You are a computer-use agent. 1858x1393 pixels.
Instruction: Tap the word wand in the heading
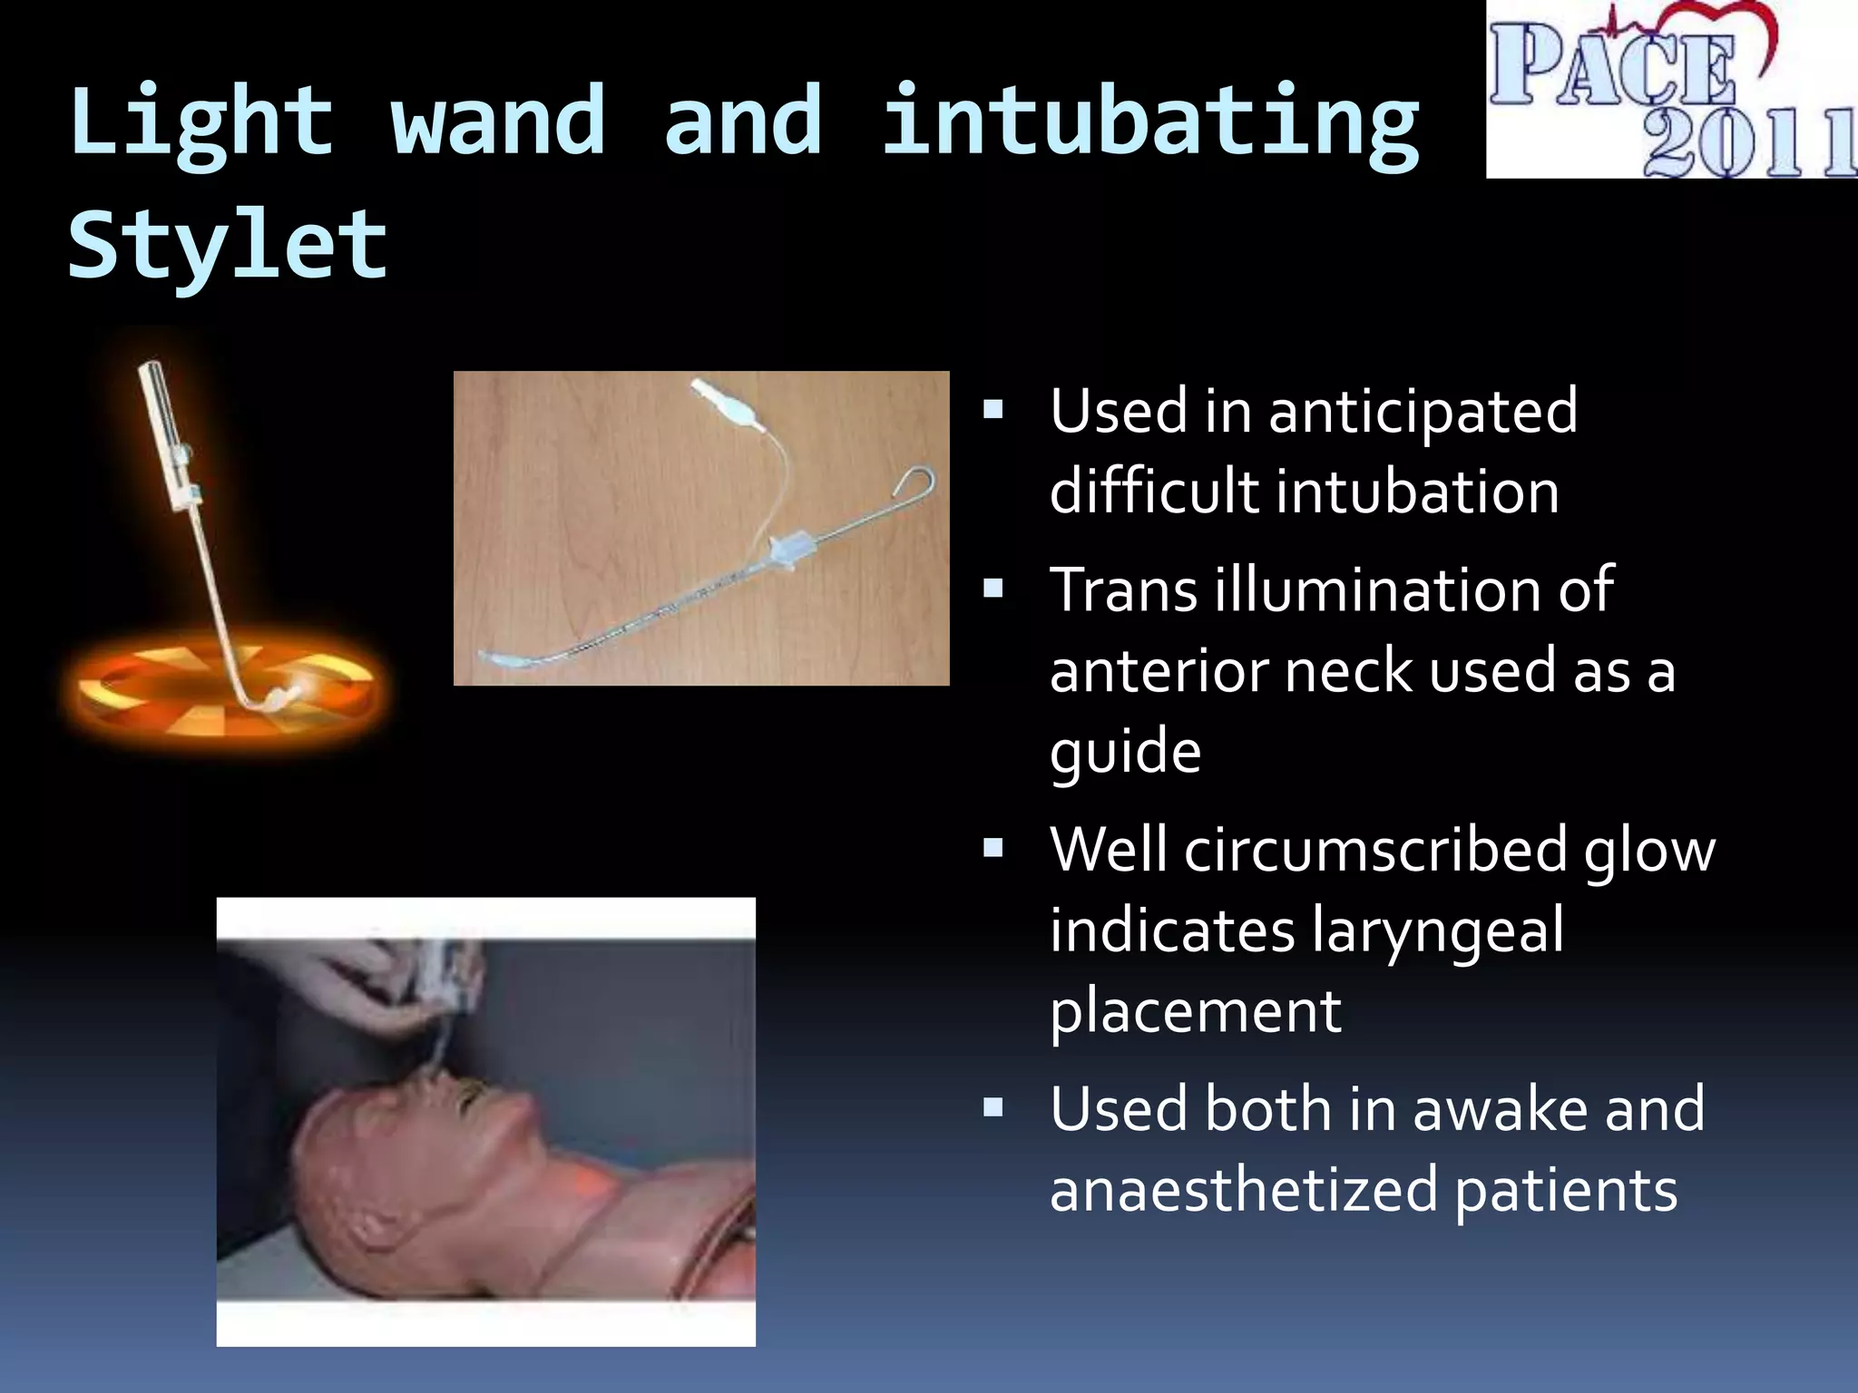click(x=498, y=121)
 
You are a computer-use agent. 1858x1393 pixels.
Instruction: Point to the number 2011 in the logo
click(x=1746, y=143)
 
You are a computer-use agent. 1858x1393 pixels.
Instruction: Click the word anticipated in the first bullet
click(x=1423, y=411)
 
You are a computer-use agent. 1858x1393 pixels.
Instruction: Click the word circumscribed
click(x=1374, y=851)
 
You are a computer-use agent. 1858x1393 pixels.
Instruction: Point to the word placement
click(x=1195, y=1011)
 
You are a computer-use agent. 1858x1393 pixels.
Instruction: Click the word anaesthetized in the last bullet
click(x=1244, y=1190)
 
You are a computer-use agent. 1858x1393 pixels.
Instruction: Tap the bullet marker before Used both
click(x=993, y=1107)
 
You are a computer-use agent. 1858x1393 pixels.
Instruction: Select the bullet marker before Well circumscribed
click(x=993, y=848)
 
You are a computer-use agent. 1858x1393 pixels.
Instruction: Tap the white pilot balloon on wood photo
click(x=726, y=404)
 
